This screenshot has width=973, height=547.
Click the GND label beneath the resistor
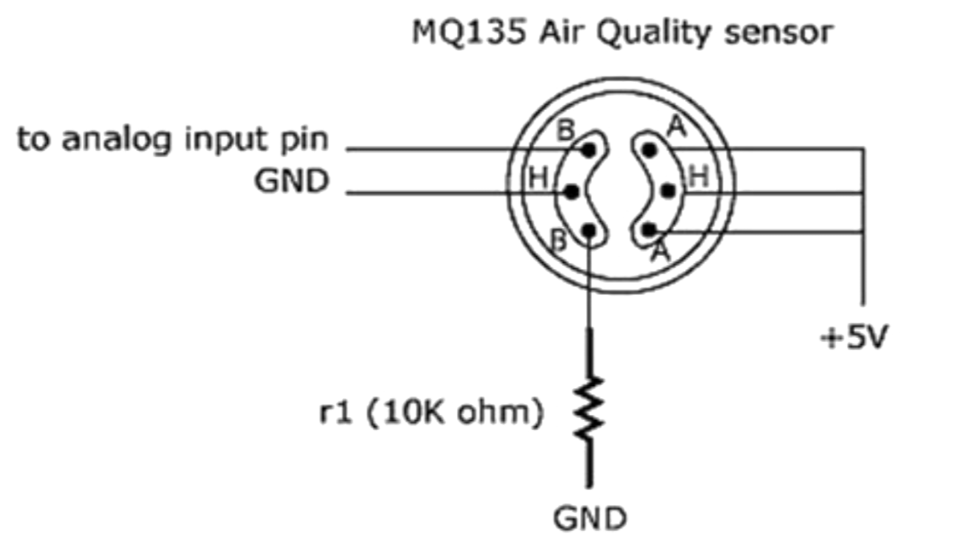pyautogui.click(x=589, y=519)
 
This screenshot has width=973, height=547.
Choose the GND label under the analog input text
pyautogui.click(x=291, y=182)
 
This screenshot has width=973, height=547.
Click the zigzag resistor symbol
pyautogui.click(x=590, y=410)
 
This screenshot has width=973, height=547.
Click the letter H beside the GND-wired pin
pyautogui.click(x=538, y=180)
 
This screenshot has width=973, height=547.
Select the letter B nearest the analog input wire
pyautogui.click(x=566, y=131)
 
